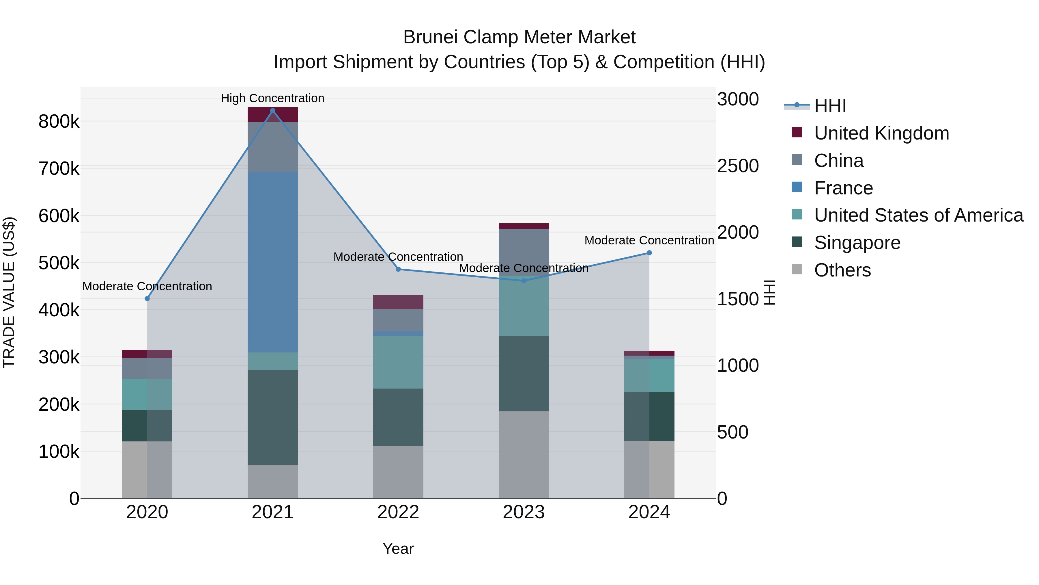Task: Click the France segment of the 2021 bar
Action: [x=273, y=262]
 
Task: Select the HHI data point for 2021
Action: [x=273, y=111]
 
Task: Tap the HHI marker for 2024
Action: [x=649, y=253]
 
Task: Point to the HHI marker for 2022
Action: [x=398, y=269]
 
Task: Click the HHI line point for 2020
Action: [x=147, y=299]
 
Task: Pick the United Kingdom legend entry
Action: [x=881, y=133]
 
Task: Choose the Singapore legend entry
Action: [x=857, y=243]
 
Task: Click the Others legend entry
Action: [x=842, y=270]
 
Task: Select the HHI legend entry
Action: [x=830, y=106]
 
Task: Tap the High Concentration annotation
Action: [x=273, y=98]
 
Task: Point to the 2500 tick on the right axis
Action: [x=738, y=166]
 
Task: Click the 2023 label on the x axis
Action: [x=524, y=512]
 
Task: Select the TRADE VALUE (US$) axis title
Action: [x=9, y=292]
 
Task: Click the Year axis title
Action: [x=398, y=549]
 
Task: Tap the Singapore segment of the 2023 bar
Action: [x=524, y=374]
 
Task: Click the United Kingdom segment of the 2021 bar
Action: [x=273, y=115]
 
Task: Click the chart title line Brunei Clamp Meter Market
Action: [x=519, y=37]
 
